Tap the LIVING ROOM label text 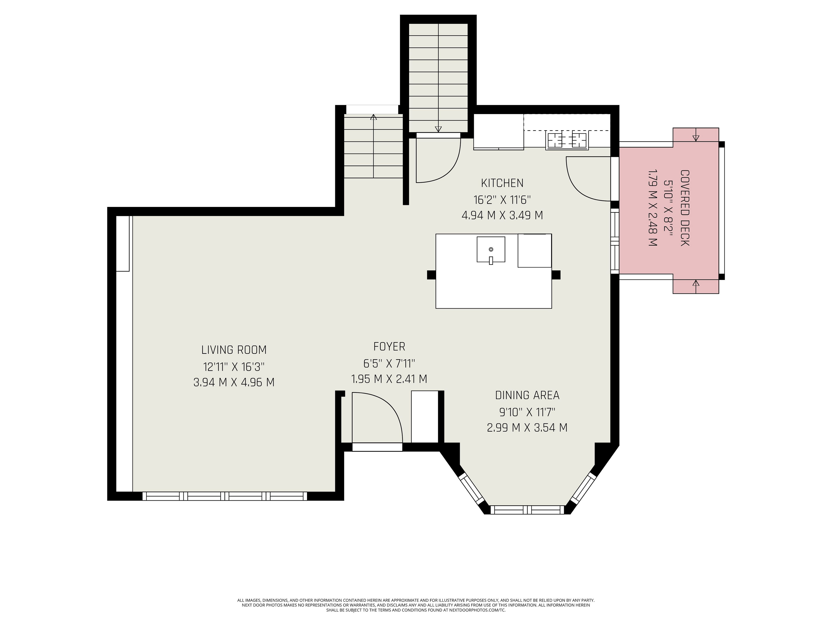[x=234, y=350]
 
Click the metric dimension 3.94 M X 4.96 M [x=234, y=382]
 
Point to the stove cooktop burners [x=567, y=140]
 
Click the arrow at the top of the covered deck [x=696, y=138]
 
